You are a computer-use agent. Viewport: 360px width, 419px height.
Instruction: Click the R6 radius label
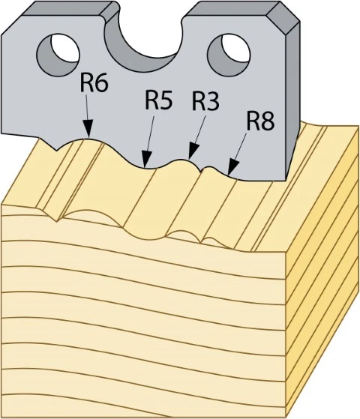tap(94, 83)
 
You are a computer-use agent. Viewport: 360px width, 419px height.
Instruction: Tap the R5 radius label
tap(158, 100)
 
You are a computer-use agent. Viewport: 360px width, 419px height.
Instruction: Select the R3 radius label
tap(205, 101)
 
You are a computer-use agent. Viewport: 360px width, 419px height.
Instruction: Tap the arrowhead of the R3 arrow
tap(193, 151)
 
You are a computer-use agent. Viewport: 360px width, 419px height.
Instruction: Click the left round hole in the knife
tap(58, 55)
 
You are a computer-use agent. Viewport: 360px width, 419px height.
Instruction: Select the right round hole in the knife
tap(229, 55)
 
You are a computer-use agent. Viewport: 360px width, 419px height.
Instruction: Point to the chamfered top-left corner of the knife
tap(11, 25)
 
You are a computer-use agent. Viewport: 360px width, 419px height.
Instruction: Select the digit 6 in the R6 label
tap(102, 83)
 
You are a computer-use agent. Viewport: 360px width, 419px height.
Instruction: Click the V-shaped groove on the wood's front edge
tap(57, 217)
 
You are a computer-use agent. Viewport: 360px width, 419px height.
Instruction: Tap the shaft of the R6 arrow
tap(87, 108)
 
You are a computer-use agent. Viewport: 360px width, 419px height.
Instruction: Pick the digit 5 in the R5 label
tap(166, 100)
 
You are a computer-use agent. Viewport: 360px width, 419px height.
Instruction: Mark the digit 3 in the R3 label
tap(213, 102)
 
